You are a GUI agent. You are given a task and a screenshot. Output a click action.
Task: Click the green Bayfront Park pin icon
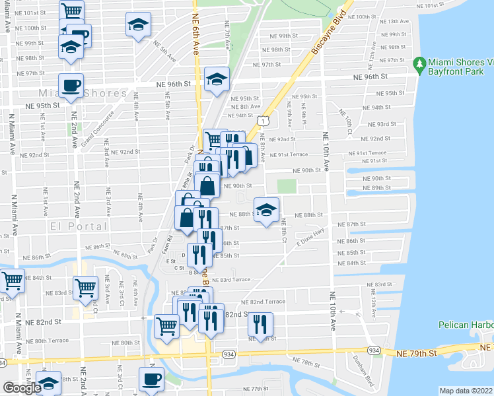tap(419, 64)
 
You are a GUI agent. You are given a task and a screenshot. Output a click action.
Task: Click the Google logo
tap(22, 388)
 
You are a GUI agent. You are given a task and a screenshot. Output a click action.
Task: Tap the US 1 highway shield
tap(264, 121)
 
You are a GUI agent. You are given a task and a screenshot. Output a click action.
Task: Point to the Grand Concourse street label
tap(92, 128)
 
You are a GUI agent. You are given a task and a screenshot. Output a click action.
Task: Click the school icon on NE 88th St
tap(266, 211)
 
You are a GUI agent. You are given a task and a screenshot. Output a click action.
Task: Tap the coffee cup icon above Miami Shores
tap(71, 84)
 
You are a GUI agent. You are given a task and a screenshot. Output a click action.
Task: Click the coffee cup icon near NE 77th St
tap(151, 379)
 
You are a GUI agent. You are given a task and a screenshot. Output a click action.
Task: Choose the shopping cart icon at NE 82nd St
tap(166, 325)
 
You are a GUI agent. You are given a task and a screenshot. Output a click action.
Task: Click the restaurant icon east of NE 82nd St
tap(260, 323)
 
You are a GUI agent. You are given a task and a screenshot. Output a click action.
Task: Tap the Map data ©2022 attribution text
tap(466, 391)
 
